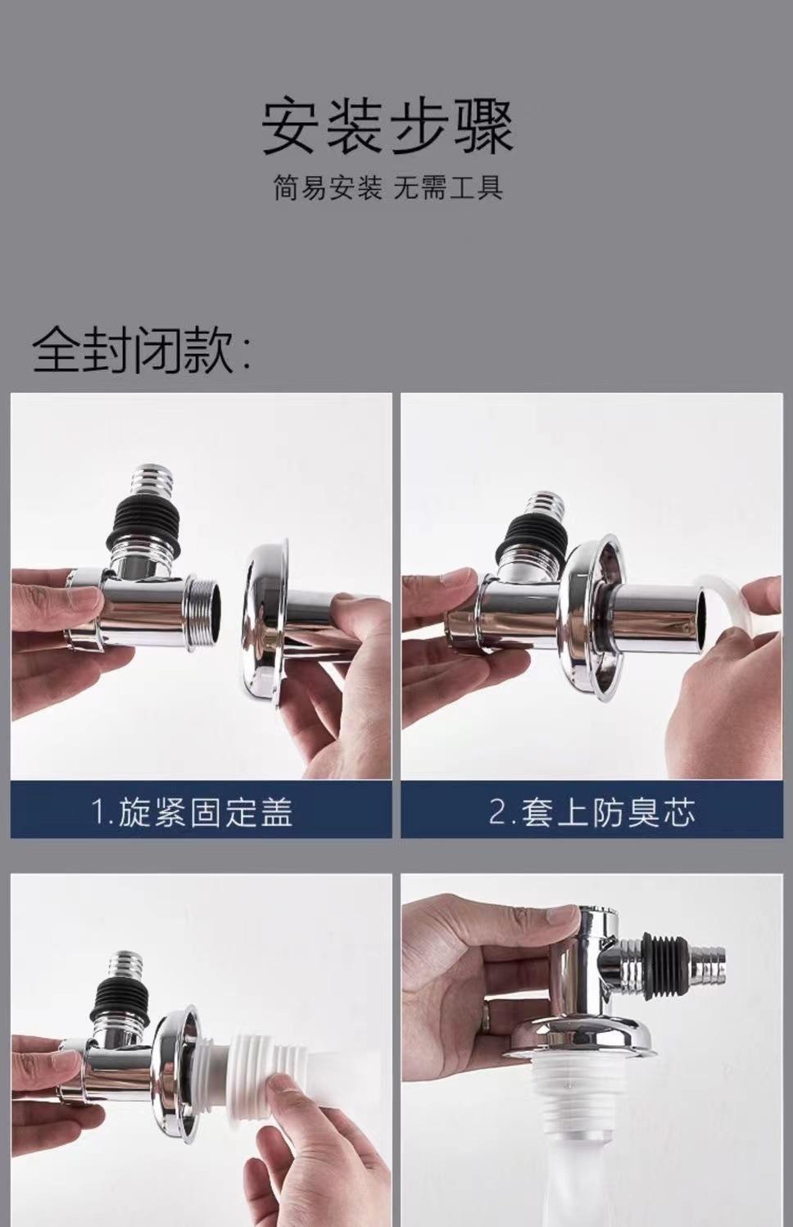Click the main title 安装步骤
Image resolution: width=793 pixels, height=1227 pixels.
tap(387, 127)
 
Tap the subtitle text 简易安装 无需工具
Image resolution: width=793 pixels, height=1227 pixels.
tap(387, 188)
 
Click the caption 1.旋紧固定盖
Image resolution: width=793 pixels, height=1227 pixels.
tap(192, 813)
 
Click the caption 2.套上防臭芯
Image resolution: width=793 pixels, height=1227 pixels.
tap(591, 813)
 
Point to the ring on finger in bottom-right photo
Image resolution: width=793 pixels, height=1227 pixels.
tap(488, 1018)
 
